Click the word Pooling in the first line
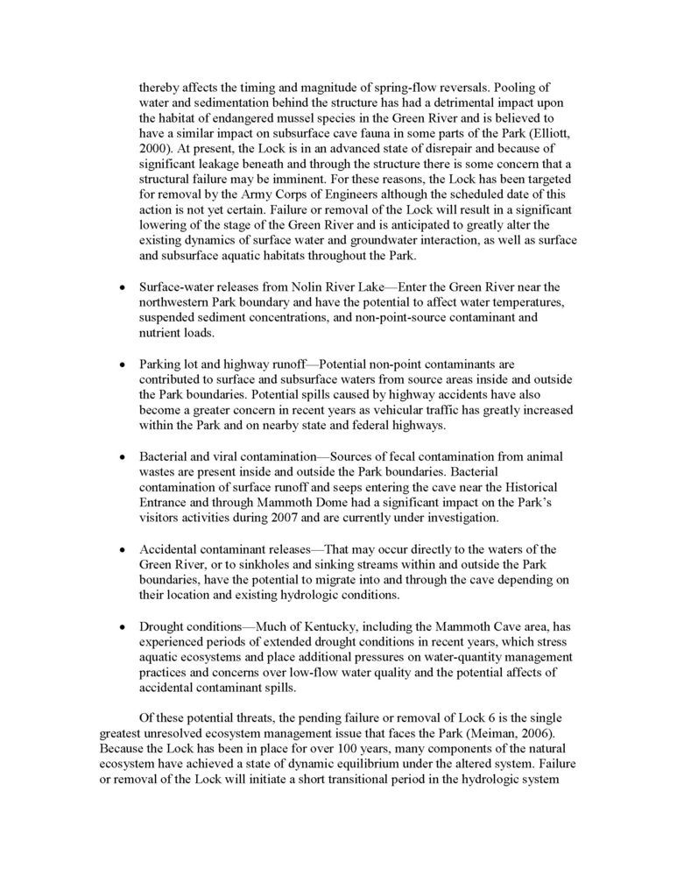point(496,88)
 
